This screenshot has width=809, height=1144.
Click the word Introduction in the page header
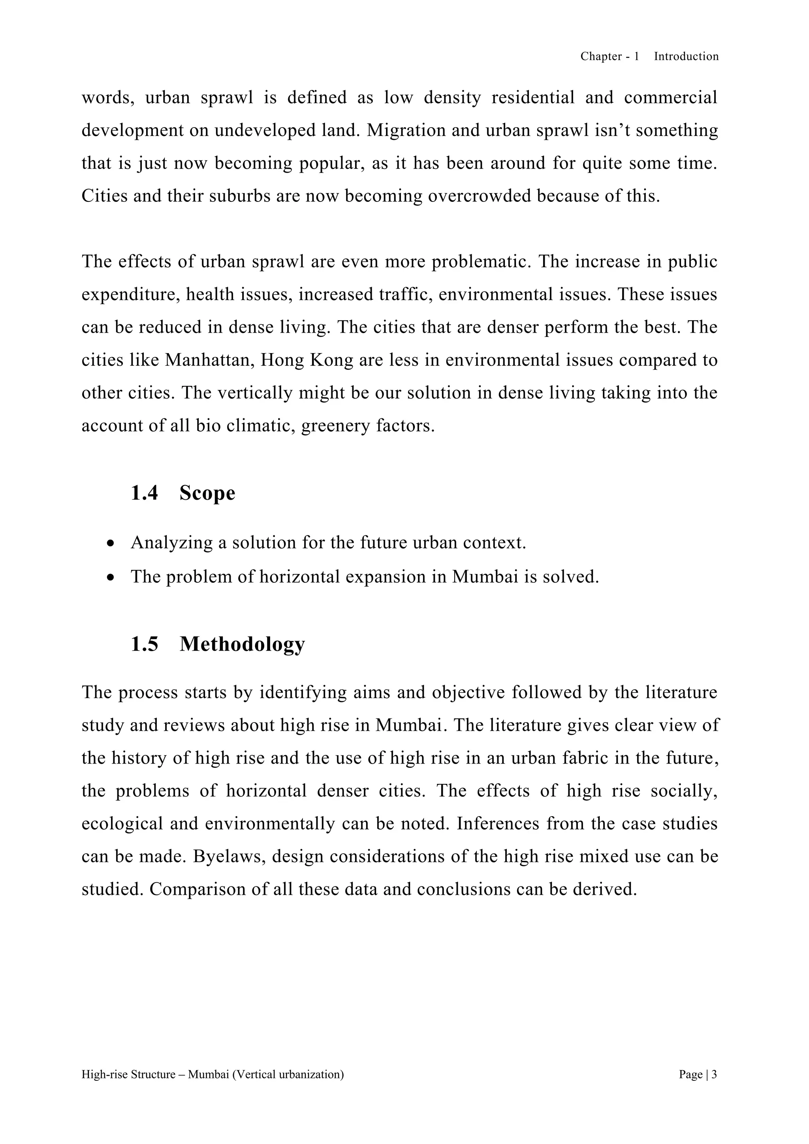[x=686, y=56]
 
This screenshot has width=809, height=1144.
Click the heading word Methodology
[x=242, y=644]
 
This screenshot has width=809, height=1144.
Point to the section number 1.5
[x=145, y=644]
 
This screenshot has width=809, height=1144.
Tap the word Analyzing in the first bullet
[x=172, y=543]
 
